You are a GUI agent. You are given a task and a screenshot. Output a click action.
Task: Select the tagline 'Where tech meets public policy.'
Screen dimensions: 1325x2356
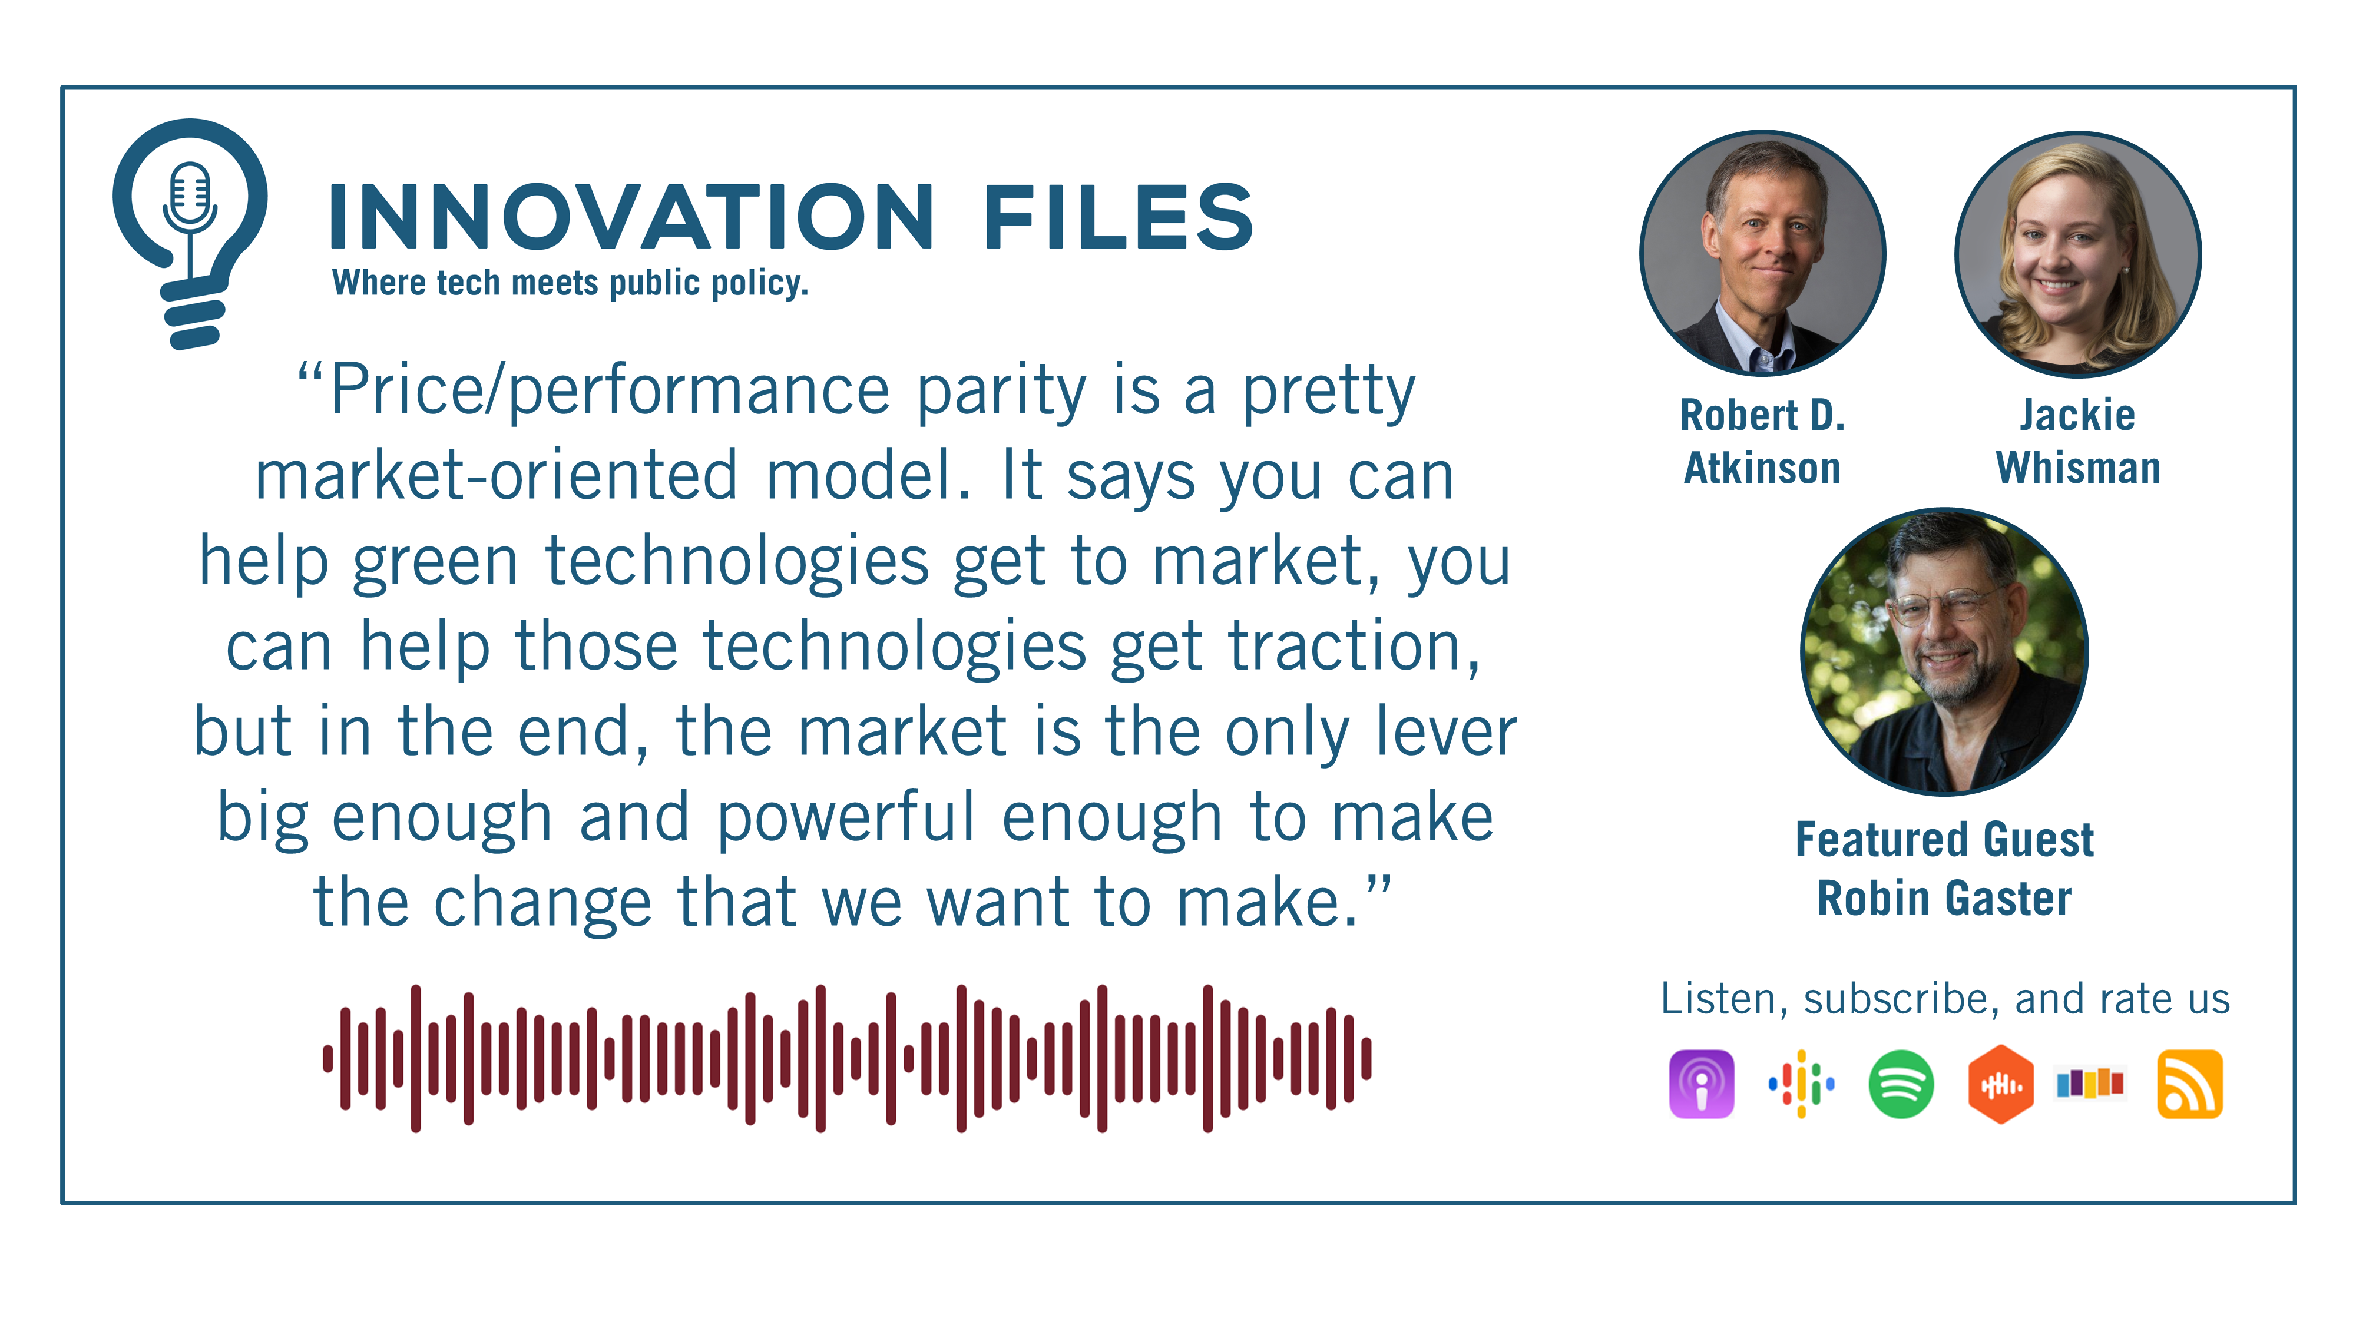570,283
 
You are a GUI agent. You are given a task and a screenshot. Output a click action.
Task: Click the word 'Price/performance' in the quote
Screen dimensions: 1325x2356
609,390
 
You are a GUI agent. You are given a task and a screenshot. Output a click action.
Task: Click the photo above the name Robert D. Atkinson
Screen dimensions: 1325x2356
1762,253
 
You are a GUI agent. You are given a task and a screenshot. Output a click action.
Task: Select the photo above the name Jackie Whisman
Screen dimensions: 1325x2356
2078,253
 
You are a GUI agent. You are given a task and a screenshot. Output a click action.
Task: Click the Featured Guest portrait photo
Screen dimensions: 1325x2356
1944,651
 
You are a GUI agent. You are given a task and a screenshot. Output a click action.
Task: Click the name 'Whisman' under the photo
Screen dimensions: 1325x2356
2078,468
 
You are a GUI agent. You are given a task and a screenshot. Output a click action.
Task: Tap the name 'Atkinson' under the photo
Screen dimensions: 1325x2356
1762,468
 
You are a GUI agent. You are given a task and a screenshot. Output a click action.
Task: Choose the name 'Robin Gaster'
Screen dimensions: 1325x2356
1944,898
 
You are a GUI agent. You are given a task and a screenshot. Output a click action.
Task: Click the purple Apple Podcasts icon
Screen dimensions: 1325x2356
1701,1085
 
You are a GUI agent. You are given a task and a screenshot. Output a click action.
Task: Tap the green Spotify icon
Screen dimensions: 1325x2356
1901,1085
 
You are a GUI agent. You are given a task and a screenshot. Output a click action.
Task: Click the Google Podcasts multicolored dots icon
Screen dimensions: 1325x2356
1801,1085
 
